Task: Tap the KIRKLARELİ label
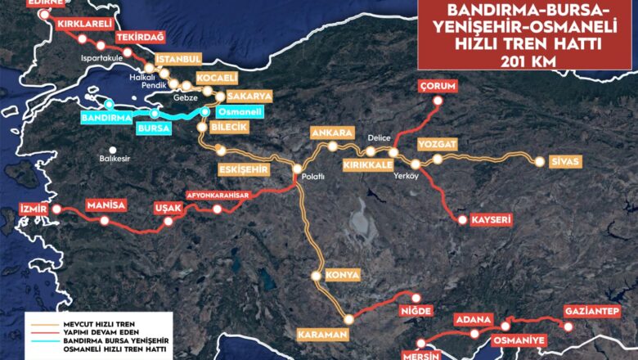pyautogui.click(x=84, y=25)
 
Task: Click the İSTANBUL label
pyautogui.click(x=177, y=59)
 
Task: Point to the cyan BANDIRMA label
pyautogui.click(x=106, y=118)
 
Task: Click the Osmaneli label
pyautogui.click(x=232, y=112)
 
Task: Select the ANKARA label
pyautogui.click(x=330, y=133)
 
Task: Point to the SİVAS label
pyautogui.click(x=564, y=161)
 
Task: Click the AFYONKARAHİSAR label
pyautogui.click(x=217, y=195)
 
